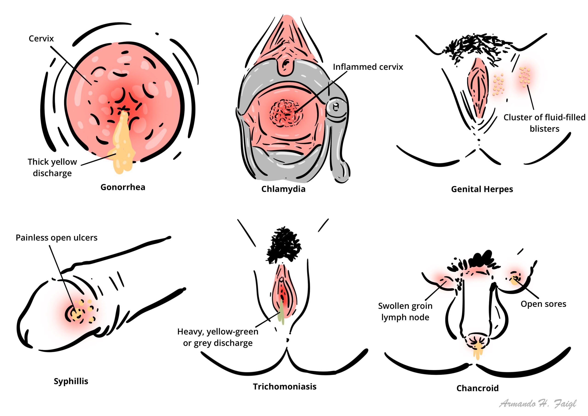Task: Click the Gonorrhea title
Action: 123,187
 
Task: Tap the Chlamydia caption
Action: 283,189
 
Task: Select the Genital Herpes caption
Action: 482,189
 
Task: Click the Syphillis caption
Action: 71,381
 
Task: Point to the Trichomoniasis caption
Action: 285,387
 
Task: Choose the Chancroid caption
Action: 477,388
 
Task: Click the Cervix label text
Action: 41,39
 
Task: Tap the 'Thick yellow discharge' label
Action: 52,167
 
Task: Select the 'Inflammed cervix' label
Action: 368,67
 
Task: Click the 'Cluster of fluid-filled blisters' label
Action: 544,123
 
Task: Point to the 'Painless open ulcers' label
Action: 56,238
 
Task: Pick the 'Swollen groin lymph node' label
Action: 405,312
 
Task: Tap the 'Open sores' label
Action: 543,304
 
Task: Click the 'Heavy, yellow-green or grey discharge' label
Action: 218,337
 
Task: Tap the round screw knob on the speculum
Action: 336,107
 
